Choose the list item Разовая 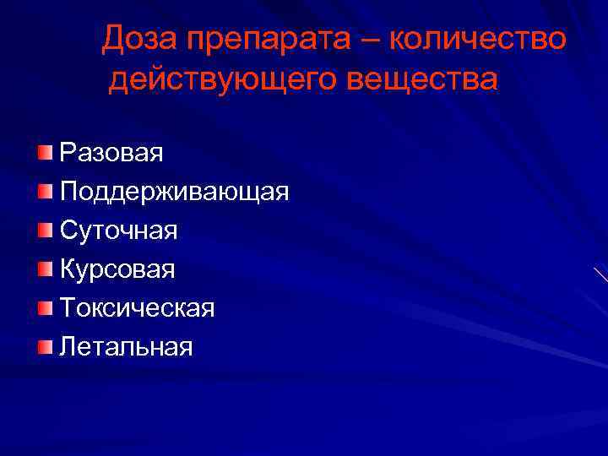111,153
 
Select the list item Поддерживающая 174,192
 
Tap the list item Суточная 118,231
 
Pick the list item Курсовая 117,269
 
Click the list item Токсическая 137,308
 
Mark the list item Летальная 127,346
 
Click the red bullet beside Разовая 45,152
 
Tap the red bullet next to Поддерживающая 45,191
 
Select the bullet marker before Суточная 45,230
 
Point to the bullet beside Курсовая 45,269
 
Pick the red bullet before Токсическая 45,307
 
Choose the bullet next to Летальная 45,345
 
